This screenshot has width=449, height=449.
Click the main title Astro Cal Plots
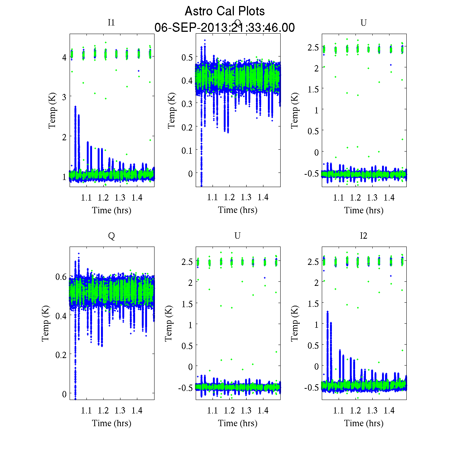(224, 11)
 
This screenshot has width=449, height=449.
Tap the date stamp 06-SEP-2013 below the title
(224, 28)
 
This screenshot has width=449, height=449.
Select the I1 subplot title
(111, 22)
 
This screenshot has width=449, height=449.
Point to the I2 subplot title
(363, 236)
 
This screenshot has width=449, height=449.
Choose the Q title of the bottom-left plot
(111, 236)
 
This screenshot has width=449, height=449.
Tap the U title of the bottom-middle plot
(237, 236)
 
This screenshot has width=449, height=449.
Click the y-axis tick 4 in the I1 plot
(64, 57)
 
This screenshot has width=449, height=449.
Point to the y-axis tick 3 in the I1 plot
(64, 97)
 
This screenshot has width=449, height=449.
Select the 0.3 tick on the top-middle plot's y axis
(188, 104)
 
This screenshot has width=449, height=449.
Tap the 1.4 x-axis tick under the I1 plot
(137, 198)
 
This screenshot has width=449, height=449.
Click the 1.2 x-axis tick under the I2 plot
(355, 410)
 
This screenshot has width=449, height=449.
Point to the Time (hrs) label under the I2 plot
(364, 423)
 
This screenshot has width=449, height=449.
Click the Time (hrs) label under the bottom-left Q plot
(112, 423)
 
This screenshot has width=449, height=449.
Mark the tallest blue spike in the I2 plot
(328, 312)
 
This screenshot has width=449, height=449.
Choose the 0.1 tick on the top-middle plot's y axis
(188, 150)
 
